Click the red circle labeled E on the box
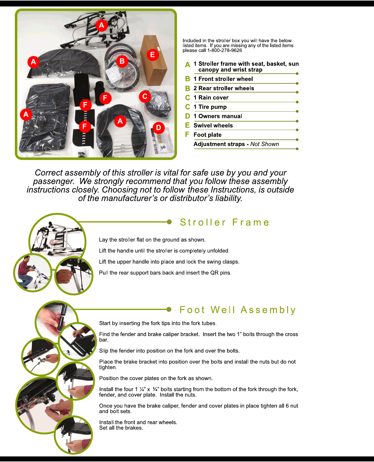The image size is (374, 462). click(x=153, y=55)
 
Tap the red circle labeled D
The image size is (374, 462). click(x=158, y=128)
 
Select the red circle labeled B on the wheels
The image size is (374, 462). click(x=122, y=61)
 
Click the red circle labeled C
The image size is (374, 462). click(x=145, y=96)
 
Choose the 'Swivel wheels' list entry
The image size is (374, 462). click(x=213, y=126)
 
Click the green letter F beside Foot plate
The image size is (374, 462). click(x=187, y=134)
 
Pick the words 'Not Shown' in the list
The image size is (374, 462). click(x=265, y=144)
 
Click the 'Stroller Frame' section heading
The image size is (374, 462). click(x=224, y=222)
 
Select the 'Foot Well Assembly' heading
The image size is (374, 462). click(x=238, y=310)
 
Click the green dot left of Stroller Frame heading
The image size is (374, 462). click(x=169, y=222)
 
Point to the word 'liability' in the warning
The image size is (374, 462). click(x=228, y=198)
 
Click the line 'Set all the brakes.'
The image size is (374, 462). click(x=121, y=428)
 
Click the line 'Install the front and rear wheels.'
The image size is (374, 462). click(x=138, y=422)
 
